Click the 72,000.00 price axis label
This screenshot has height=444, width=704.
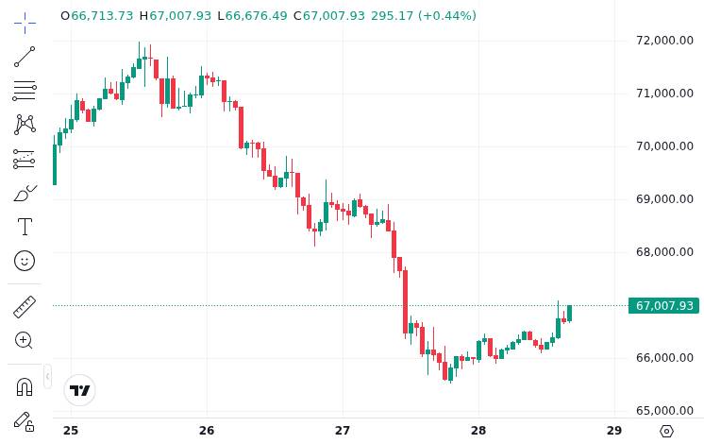coord(665,40)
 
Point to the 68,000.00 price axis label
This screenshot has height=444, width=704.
coord(665,251)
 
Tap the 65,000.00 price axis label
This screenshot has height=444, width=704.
coord(665,410)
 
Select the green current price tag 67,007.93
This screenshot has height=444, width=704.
coord(664,305)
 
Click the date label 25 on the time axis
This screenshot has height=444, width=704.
coord(71,431)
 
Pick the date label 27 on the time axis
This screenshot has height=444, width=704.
coord(343,431)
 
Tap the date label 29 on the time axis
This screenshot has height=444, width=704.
coord(614,431)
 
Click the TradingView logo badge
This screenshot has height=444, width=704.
coord(80,390)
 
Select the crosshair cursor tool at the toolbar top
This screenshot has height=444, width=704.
coord(25,22)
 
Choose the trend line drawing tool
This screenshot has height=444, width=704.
coord(25,57)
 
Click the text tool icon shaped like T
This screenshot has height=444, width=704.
coord(25,227)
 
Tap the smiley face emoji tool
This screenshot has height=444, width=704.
coord(25,261)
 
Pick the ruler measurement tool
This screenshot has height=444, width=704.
coord(25,306)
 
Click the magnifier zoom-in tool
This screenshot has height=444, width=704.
coord(25,340)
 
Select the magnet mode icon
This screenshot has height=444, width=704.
coord(25,385)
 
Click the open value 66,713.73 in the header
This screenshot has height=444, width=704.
coord(102,16)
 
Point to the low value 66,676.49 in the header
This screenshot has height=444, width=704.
coord(256,16)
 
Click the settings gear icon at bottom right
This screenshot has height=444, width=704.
coord(666,431)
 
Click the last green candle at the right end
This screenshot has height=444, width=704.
coord(569,314)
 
